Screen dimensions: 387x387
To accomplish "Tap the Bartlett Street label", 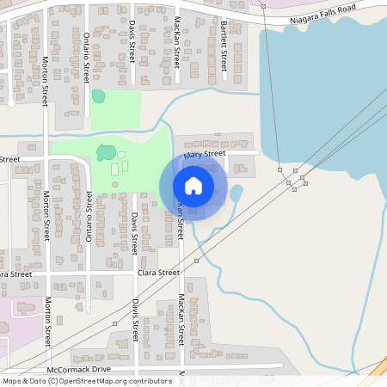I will coord(223,44).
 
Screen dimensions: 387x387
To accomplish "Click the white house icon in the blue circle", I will coord(193,185).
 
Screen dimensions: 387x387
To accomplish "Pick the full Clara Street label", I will coord(158,272).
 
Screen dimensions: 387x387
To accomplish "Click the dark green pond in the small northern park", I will coord(98,96).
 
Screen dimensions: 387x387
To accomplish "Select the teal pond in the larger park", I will coord(106,153).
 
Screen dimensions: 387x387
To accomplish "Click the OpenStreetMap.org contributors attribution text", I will coord(112,380).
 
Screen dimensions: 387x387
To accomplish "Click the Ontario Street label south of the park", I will coord(89,214).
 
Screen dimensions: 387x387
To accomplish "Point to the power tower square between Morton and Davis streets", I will coord(114,323).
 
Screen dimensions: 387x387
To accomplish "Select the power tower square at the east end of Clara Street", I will coord(196,260).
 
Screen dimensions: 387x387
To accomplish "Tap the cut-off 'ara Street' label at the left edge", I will coord(15,273).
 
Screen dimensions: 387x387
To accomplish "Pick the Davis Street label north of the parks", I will coord(133,40).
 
